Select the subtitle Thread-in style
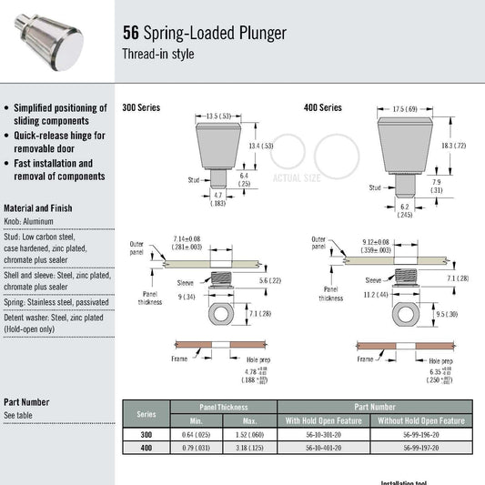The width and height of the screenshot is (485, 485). pyautogui.click(x=157, y=54)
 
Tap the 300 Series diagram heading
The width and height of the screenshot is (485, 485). pyautogui.click(x=141, y=107)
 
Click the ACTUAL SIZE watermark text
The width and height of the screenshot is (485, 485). pyautogui.click(x=296, y=177)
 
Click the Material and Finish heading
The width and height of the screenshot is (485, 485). pyautogui.click(x=38, y=207)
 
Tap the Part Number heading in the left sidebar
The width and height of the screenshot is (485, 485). pyautogui.click(x=26, y=401)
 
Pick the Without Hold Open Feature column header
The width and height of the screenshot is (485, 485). pyautogui.click(x=421, y=420)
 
